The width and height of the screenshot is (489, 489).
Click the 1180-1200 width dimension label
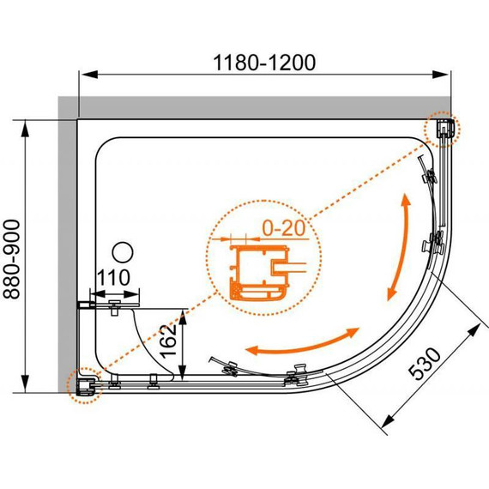pyautogui.click(x=264, y=63)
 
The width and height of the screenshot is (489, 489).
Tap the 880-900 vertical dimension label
pyautogui.click(x=12, y=259)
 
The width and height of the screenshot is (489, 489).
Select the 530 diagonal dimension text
pyautogui.click(x=425, y=364)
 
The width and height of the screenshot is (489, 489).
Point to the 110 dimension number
pyautogui.click(x=113, y=277)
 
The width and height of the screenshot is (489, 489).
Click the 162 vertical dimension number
pyautogui.click(x=168, y=341)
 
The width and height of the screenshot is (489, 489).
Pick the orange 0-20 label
pyautogui.click(x=283, y=228)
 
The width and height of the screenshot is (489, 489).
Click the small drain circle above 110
pyautogui.click(x=123, y=252)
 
